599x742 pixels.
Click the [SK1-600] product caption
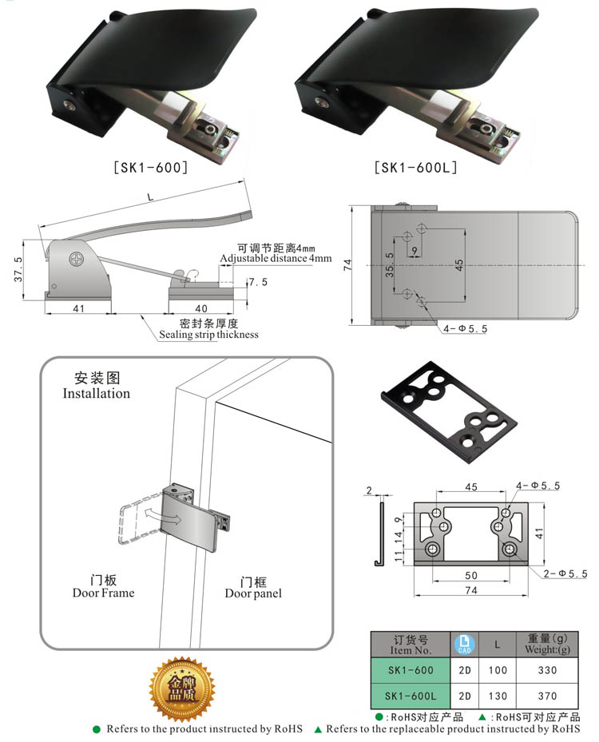(x=150, y=168)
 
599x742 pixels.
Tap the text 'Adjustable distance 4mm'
(x=275, y=259)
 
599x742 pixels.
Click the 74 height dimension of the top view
(x=348, y=266)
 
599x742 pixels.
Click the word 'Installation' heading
(x=96, y=393)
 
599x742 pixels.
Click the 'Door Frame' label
(x=103, y=593)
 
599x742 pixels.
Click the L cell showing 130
(x=498, y=696)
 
